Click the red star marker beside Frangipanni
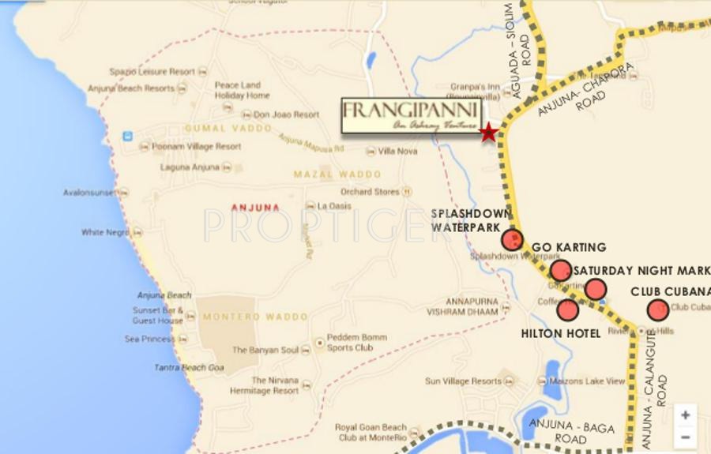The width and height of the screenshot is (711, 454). tap(489, 133)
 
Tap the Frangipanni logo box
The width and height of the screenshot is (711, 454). tap(411, 117)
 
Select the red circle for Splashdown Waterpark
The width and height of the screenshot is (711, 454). tap(513, 240)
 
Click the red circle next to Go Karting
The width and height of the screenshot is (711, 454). tap(561, 271)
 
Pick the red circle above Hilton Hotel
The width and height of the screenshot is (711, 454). tap(568, 310)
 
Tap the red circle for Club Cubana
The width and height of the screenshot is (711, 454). tap(658, 310)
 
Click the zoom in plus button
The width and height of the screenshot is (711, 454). tap(685, 415)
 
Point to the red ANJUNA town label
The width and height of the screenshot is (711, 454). tap(255, 208)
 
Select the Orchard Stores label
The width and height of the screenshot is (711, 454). tap(371, 191)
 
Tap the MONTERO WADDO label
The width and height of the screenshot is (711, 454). tap(255, 317)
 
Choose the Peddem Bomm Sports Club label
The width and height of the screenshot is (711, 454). tap(358, 343)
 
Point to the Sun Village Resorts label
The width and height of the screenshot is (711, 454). tap(464, 381)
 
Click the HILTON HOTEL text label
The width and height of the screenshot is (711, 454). tap(562, 333)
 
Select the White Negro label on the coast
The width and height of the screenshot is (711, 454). tap(106, 233)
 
